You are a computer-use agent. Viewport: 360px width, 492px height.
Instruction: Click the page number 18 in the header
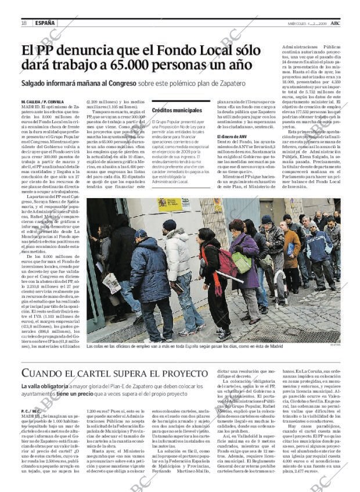coord(23,23)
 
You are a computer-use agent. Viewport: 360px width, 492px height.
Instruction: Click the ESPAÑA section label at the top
coord(45,23)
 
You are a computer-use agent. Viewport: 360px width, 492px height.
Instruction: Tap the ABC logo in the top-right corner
coord(344,23)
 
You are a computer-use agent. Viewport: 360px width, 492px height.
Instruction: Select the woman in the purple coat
coord(247,256)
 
